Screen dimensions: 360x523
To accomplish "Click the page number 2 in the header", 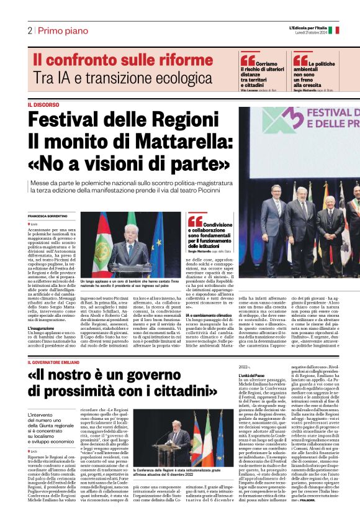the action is (30, 30).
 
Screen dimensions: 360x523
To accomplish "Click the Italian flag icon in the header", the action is (333, 30).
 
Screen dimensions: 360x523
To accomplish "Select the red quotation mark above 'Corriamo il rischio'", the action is (247, 59).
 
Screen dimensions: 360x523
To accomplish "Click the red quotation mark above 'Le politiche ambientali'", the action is (300, 59).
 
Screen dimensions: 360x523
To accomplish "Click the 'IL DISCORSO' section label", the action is (43, 105).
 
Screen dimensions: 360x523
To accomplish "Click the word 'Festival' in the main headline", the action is (68, 118).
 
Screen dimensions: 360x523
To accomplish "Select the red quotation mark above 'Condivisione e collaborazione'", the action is (194, 221).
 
